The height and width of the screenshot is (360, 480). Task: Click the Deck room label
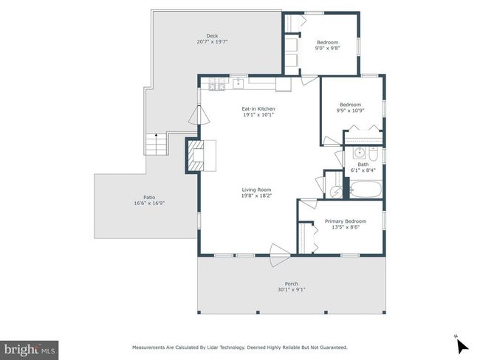pyautogui.click(x=212, y=36)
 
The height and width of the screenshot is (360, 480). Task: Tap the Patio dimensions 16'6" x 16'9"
pyautogui.click(x=149, y=203)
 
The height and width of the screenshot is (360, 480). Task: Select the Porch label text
pyautogui.click(x=292, y=284)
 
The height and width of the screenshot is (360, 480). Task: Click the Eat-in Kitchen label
pyautogui.click(x=258, y=108)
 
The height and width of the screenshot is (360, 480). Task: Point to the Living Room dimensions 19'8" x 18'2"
pyautogui.click(x=256, y=195)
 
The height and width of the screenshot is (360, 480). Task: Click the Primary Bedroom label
pyautogui.click(x=346, y=221)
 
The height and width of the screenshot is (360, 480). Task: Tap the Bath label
pyautogui.click(x=363, y=165)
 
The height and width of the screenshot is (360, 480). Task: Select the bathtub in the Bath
pyautogui.click(x=366, y=190)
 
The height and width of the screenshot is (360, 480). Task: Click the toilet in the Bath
pyautogui.click(x=373, y=155)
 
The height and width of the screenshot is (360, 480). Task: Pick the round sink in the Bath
pyautogui.click(x=359, y=152)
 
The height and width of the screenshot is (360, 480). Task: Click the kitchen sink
pyautogui.click(x=238, y=83)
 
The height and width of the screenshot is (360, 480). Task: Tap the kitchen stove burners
pyautogui.click(x=217, y=84)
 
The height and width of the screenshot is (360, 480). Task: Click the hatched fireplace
pyautogui.click(x=196, y=156)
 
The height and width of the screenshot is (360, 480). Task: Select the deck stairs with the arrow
pyautogui.click(x=156, y=144)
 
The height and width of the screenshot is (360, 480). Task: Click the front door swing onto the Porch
pyautogui.click(x=279, y=255)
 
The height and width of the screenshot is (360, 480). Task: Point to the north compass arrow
pyautogui.click(x=462, y=346)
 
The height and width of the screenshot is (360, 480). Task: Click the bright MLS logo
pyautogui.click(x=29, y=350)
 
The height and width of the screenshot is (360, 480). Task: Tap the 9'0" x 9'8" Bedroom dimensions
pyautogui.click(x=328, y=48)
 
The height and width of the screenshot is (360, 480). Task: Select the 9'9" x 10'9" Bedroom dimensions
pyautogui.click(x=350, y=111)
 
